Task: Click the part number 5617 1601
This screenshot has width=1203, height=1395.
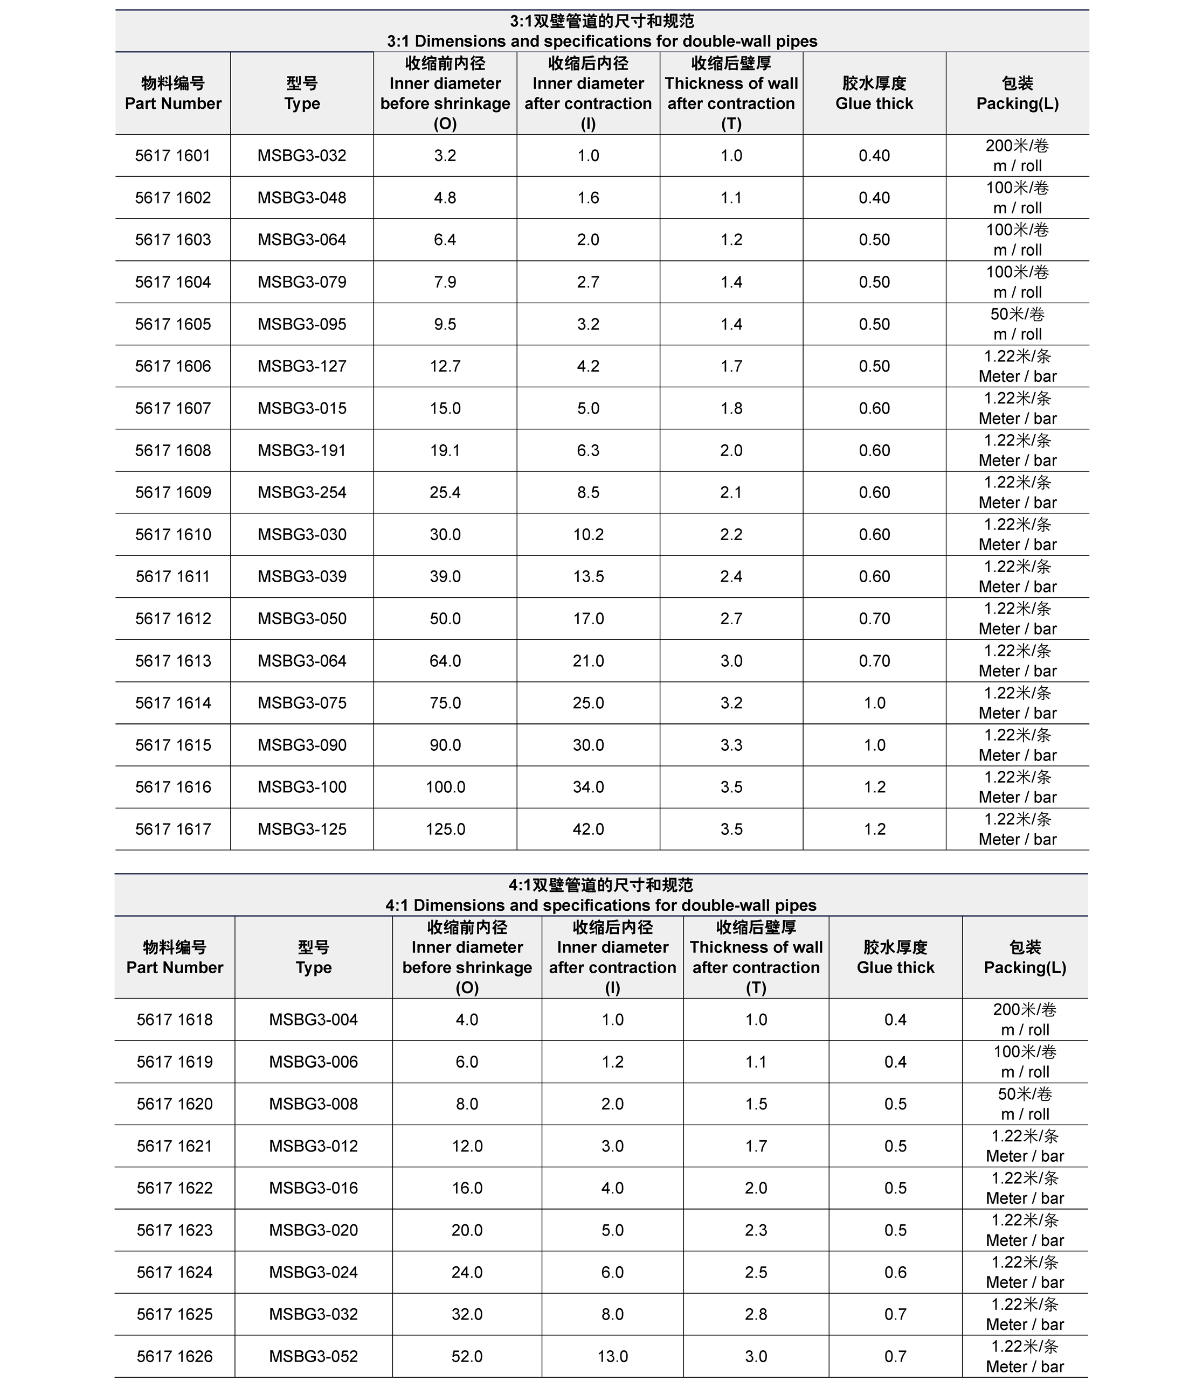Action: (x=172, y=156)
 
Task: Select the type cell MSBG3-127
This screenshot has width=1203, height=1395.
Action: (x=302, y=366)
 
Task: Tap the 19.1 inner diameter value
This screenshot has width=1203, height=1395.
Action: (x=445, y=450)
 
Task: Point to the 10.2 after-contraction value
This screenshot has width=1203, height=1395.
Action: (x=588, y=534)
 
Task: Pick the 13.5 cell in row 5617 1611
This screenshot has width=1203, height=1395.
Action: (x=588, y=576)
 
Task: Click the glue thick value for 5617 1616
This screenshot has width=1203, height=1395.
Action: (x=874, y=787)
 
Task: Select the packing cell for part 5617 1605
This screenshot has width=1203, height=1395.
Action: (x=1017, y=324)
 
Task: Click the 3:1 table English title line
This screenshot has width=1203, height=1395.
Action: (x=601, y=41)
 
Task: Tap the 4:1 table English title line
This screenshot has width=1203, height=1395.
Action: (x=601, y=905)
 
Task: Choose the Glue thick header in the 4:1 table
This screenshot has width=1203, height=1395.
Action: (x=895, y=967)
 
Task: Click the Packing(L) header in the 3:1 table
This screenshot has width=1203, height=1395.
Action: (x=1017, y=103)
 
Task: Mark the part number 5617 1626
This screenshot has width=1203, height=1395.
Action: (x=175, y=1356)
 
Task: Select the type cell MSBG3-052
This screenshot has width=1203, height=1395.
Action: (x=313, y=1356)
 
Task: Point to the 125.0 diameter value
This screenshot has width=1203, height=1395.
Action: (x=445, y=829)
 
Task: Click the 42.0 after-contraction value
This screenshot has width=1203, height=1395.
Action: (x=588, y=829)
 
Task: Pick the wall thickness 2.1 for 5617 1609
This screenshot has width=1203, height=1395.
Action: (x=731, y=492)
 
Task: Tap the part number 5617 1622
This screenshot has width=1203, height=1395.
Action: (x=175, y=1188)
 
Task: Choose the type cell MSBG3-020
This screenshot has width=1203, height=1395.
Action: (x=313, y=1230)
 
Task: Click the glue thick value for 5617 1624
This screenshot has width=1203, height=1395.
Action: (x=895, y=1272)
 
